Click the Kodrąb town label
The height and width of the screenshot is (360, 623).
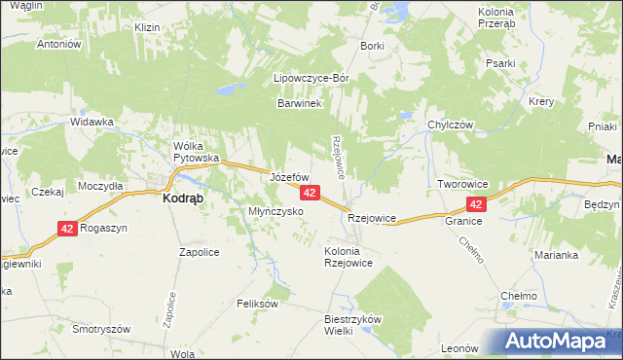point(180,197)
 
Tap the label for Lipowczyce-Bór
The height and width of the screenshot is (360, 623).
point(311,78)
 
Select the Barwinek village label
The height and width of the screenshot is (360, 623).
point(299,103)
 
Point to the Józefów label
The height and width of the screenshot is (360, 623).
point(289,178)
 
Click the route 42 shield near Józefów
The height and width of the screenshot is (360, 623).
point(309,194)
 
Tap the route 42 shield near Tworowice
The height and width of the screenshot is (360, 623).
point(476,204)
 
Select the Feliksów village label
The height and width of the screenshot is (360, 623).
point(258,304)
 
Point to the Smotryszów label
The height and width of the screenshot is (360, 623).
point(101,329)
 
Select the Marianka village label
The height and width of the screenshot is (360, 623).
point(556,255)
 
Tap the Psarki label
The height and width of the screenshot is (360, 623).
point(500,63)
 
